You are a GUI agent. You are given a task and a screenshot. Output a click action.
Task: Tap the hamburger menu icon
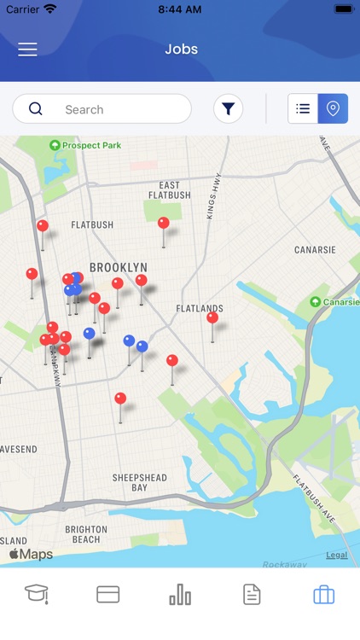(27, 49)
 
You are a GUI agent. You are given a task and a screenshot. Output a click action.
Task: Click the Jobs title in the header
(181, 49)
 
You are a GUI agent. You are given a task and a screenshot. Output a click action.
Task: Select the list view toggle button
(303, 108)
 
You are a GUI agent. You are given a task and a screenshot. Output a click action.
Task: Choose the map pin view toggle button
(333, 108)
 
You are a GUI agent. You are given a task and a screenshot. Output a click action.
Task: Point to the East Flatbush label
(170, 190)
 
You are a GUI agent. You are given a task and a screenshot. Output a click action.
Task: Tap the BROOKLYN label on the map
(119, 267)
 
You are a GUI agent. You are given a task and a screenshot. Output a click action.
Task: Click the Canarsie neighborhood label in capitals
(315, 250)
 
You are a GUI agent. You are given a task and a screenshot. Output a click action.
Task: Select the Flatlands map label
(200, 308)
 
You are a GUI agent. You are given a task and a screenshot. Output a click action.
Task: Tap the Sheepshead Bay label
(140, 483)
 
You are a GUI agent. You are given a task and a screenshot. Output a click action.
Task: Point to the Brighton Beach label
(86, 534)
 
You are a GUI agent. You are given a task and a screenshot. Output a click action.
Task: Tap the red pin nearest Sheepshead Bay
(120, 399)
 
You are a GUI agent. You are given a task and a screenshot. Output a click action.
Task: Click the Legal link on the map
(336, 555)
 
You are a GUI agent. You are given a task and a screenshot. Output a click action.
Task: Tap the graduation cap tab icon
(36, 594)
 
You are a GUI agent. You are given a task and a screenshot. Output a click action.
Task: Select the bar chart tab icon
(180, 594)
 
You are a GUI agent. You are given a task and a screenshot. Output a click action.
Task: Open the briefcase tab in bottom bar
(323, 594)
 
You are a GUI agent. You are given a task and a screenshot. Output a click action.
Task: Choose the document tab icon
(252, 594)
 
